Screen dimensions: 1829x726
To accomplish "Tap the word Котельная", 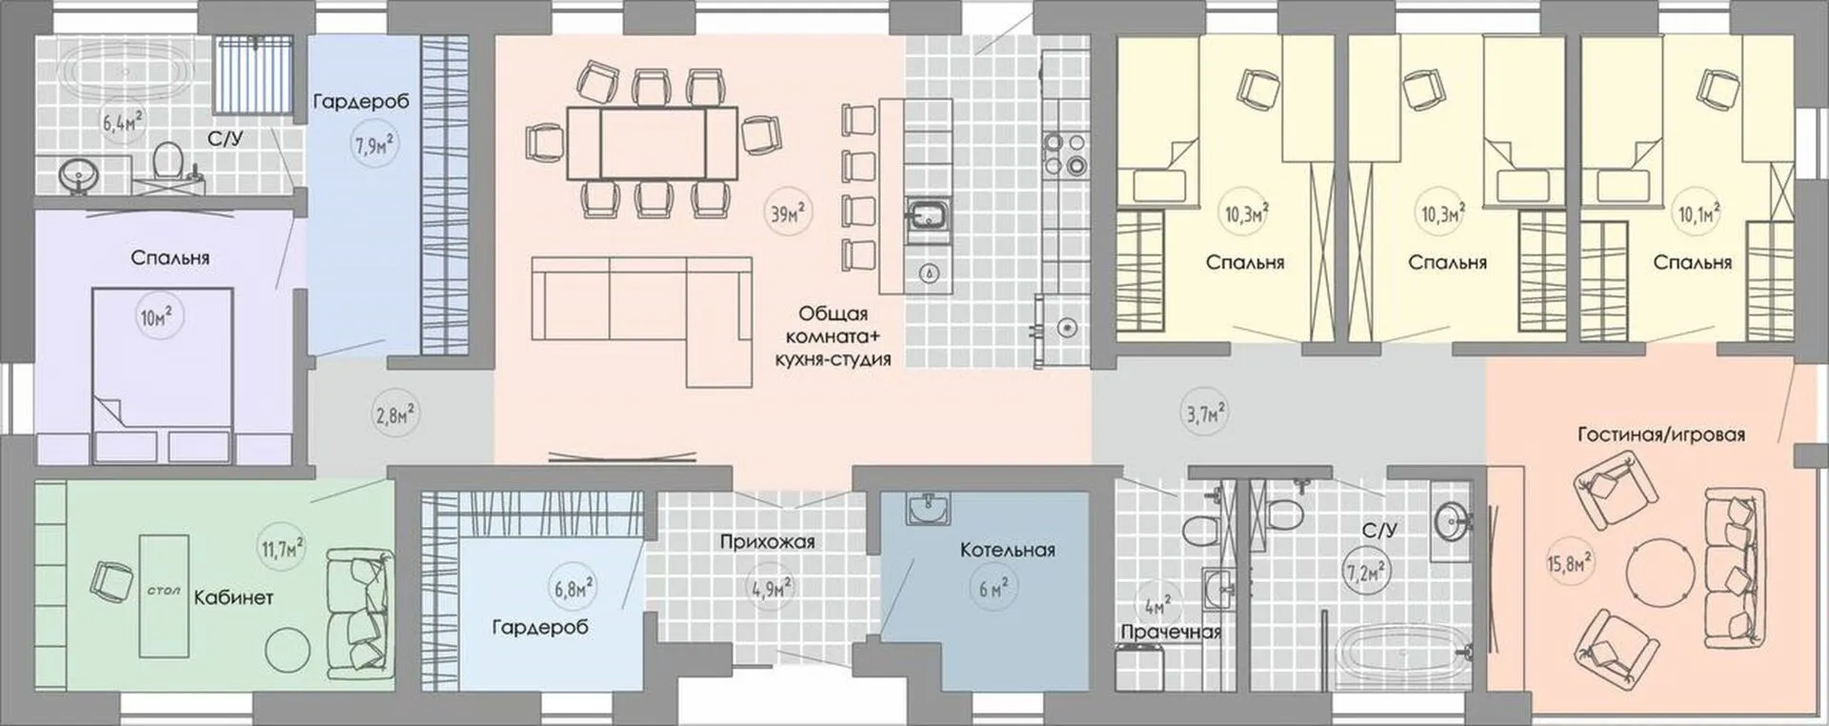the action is (x=1007, y=550).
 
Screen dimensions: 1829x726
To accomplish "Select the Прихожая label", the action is (x=767, y=542).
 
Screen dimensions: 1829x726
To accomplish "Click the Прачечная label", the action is (x=1171, y=632).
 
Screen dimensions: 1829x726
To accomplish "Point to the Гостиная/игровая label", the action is (x=1661, y=435).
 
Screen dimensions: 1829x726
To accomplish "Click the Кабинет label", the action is (x=233, y=598).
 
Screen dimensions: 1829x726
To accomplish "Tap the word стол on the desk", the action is (x=164, y=591).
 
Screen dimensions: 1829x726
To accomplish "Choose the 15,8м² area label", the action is (x=1567, y=563).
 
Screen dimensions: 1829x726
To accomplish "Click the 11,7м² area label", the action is (x=281, y=549).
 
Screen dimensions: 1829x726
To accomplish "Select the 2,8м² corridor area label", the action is (x=393, y=415).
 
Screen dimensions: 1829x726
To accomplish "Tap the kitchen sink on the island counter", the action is (x=927, y=217).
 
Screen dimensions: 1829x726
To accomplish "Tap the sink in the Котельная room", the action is (x=927, y=510).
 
